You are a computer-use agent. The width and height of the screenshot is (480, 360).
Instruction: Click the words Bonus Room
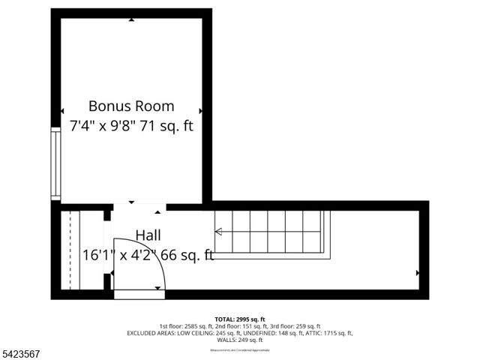point(131,106)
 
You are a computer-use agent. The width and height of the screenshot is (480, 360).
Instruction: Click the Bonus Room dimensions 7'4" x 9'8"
point(105,125)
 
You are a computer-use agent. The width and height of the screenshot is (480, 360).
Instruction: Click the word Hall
point(148,235)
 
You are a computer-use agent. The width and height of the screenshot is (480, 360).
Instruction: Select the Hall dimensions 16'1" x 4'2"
point(121,255)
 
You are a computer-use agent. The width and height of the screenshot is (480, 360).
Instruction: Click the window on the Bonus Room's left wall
point(55,163)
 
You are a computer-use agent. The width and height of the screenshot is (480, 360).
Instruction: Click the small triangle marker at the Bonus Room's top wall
point(131,19)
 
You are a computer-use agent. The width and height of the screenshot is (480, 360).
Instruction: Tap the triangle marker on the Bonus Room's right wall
point(199,111)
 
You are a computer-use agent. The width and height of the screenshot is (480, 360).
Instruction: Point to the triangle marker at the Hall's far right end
point(417,273)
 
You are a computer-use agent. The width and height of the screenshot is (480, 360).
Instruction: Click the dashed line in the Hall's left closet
point(70,250)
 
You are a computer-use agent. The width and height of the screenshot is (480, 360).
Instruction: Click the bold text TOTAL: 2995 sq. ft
point(239,319)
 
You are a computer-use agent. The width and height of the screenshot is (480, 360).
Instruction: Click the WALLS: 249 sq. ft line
point(239,340)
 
